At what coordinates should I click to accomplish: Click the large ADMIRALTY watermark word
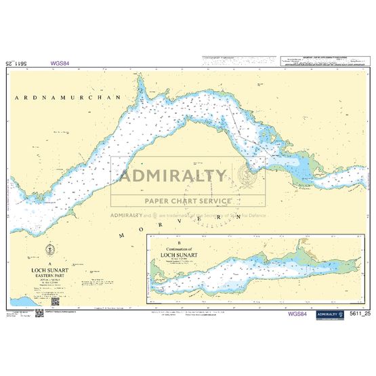click(173, 177)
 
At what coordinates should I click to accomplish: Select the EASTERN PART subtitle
click(50, 275)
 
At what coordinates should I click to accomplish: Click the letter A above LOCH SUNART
click(50, 263)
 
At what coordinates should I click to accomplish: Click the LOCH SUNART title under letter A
click(50, 269)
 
